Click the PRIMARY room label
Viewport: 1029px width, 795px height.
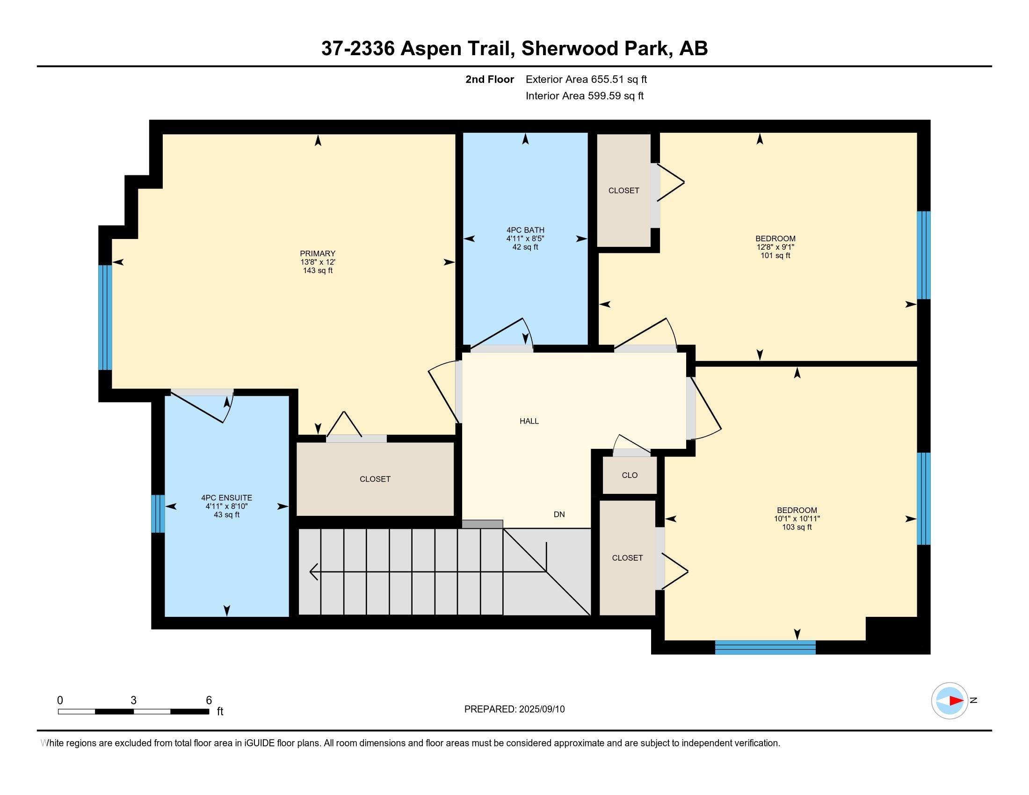318,253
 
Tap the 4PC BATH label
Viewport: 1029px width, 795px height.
525,230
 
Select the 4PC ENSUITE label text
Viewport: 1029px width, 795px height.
227,498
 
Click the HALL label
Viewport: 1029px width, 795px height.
529,421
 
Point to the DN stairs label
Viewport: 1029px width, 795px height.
559,514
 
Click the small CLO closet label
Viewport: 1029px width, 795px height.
630,475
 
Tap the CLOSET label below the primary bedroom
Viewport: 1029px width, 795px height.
375,479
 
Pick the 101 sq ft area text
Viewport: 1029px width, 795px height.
775,256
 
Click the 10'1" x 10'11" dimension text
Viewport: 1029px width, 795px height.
797,519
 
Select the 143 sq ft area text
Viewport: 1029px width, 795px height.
318,270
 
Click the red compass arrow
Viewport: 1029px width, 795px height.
956,701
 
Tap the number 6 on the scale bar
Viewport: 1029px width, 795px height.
209,700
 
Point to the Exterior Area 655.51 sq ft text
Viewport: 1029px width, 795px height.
586,79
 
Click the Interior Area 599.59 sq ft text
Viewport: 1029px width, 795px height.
584,95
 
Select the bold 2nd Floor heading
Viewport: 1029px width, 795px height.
490,79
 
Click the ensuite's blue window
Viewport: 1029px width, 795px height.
158,513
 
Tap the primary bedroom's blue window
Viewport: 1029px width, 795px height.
105,318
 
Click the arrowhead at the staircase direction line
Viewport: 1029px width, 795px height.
313,571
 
